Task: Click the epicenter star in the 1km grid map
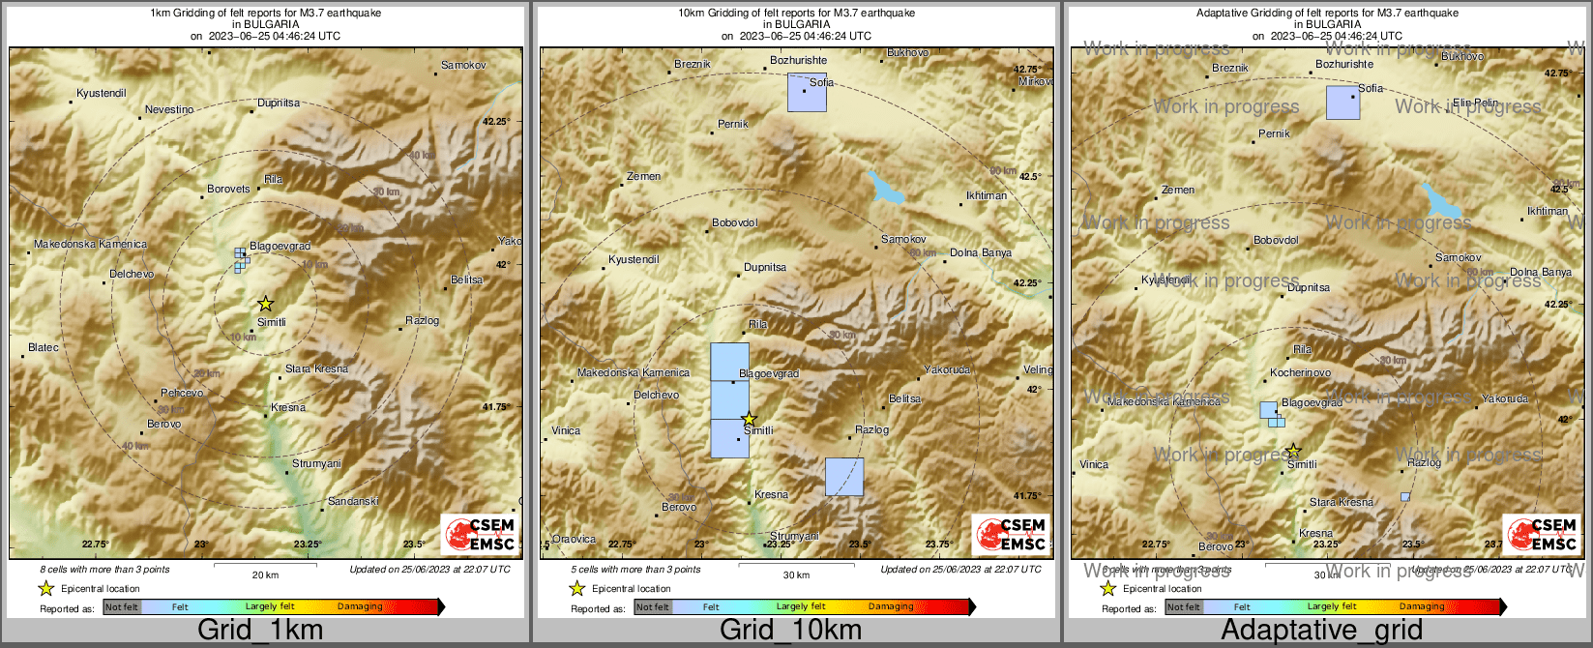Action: click(266, 304)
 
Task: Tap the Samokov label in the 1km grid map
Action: click(463, 66)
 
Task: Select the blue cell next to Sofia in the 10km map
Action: click(807, 93)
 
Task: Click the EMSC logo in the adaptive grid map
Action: click(1542, 534)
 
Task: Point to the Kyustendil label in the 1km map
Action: click(102, 94)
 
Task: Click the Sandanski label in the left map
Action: click(353, 502)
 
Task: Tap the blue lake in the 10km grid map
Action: click(886, 189)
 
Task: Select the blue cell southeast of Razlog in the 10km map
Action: click(843, 477)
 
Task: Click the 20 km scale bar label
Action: click(265, 575)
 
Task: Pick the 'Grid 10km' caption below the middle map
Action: click(790, 631)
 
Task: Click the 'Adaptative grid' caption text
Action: click(1321, 631)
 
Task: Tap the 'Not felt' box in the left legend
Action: click(122, 607)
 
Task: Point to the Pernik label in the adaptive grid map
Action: click(1274, 134)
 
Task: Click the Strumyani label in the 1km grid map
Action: click(317, 464)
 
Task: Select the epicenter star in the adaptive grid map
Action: click(1293, 452)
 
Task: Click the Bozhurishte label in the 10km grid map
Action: click(799, 61)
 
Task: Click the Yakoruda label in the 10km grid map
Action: click(947, 370)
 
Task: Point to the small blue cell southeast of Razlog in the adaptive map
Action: click(1405, 497)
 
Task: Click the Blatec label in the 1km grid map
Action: click(44, 348)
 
